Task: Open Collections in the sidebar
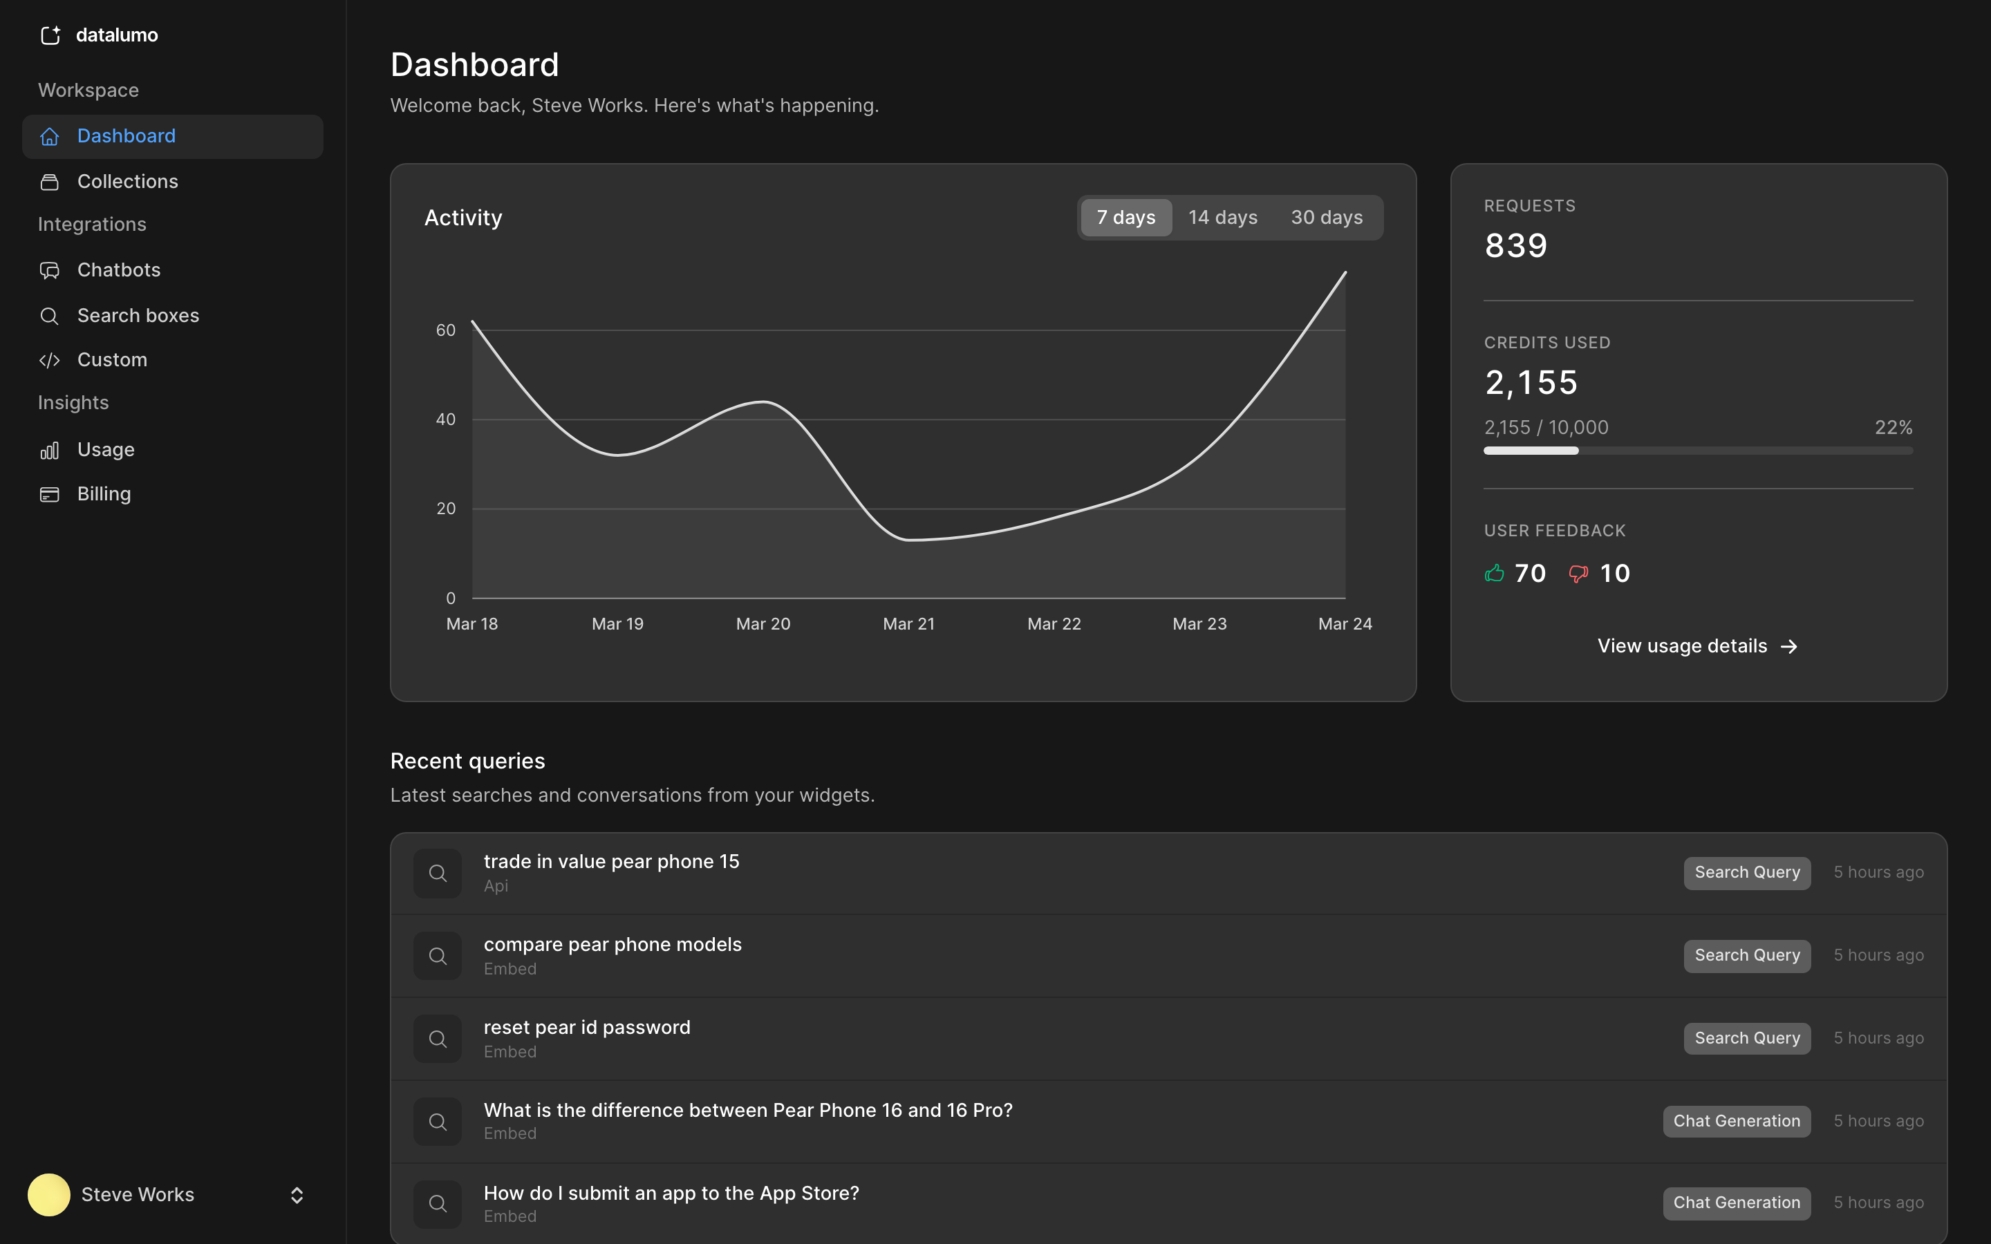coord(127,181)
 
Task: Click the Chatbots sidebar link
coord(118,270)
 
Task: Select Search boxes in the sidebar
coord(138,315)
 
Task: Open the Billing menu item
coord(104,493)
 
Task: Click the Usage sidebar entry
coord(105,449)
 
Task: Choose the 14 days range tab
coord(1222,217)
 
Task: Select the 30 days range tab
coord(1326,217)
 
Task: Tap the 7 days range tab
coord(1125,217)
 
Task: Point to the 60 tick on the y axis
coord(445,330)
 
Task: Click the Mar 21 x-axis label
coord(908,623)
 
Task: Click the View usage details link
coord(1696,646)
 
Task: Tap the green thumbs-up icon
coord(1494,574)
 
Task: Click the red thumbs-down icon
coord(1578,574)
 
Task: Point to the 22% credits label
coord(1893,428)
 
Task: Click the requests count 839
coord(1515,245)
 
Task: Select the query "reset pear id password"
coord(587,1028)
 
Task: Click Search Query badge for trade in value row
coord(1747,872)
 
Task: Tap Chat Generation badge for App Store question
coord(1736,1203)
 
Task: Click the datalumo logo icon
coord(50,35)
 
